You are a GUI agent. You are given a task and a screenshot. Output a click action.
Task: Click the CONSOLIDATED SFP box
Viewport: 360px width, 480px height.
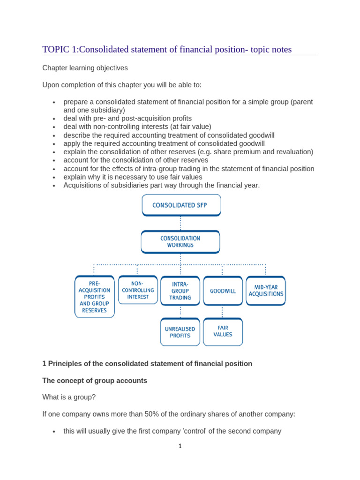click(x=181, y=205)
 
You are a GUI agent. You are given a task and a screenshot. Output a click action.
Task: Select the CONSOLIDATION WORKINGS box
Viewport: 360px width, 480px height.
click(x=180, y=241)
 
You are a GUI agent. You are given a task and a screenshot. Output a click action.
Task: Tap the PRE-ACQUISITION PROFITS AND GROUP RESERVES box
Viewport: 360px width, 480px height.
click(x=94, y=297)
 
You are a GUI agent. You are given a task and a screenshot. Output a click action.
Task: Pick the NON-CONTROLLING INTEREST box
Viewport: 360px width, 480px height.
click(x=138, y=290)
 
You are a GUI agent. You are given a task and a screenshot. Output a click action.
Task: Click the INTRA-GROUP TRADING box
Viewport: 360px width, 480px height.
click(x=180, y=291)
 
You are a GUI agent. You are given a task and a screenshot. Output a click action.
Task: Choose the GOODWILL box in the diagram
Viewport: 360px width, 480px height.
click(x=223, y=291)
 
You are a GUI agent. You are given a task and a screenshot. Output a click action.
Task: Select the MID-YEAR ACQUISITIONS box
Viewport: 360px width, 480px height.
click(x=266, y=291)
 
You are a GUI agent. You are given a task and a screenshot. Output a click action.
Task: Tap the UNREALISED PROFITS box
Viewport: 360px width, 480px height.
click(x=180, y=332)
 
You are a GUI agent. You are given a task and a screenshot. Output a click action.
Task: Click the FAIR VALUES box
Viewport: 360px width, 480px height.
click(x=223, y=331)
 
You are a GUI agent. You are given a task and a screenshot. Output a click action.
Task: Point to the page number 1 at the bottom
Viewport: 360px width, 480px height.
click(x=180, y=446)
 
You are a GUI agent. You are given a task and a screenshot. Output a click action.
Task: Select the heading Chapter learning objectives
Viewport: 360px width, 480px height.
click(x=85, y=68)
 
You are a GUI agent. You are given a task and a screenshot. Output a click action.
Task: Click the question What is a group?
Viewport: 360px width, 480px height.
click(x=69, y=397)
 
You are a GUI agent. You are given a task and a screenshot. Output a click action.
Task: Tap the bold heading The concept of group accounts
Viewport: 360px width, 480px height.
click(x=95, y=381)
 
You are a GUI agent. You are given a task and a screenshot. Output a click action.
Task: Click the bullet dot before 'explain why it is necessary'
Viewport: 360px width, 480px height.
click(x=54, y=178)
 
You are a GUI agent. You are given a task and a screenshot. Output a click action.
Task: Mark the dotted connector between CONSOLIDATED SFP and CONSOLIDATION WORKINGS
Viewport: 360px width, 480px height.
click(x=180, y=223)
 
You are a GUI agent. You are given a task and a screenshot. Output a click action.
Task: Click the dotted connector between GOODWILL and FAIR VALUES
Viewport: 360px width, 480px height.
click(x=222, y=312)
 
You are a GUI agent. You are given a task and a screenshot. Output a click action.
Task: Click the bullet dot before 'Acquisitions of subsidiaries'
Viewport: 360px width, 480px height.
click(x=54, y=186)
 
